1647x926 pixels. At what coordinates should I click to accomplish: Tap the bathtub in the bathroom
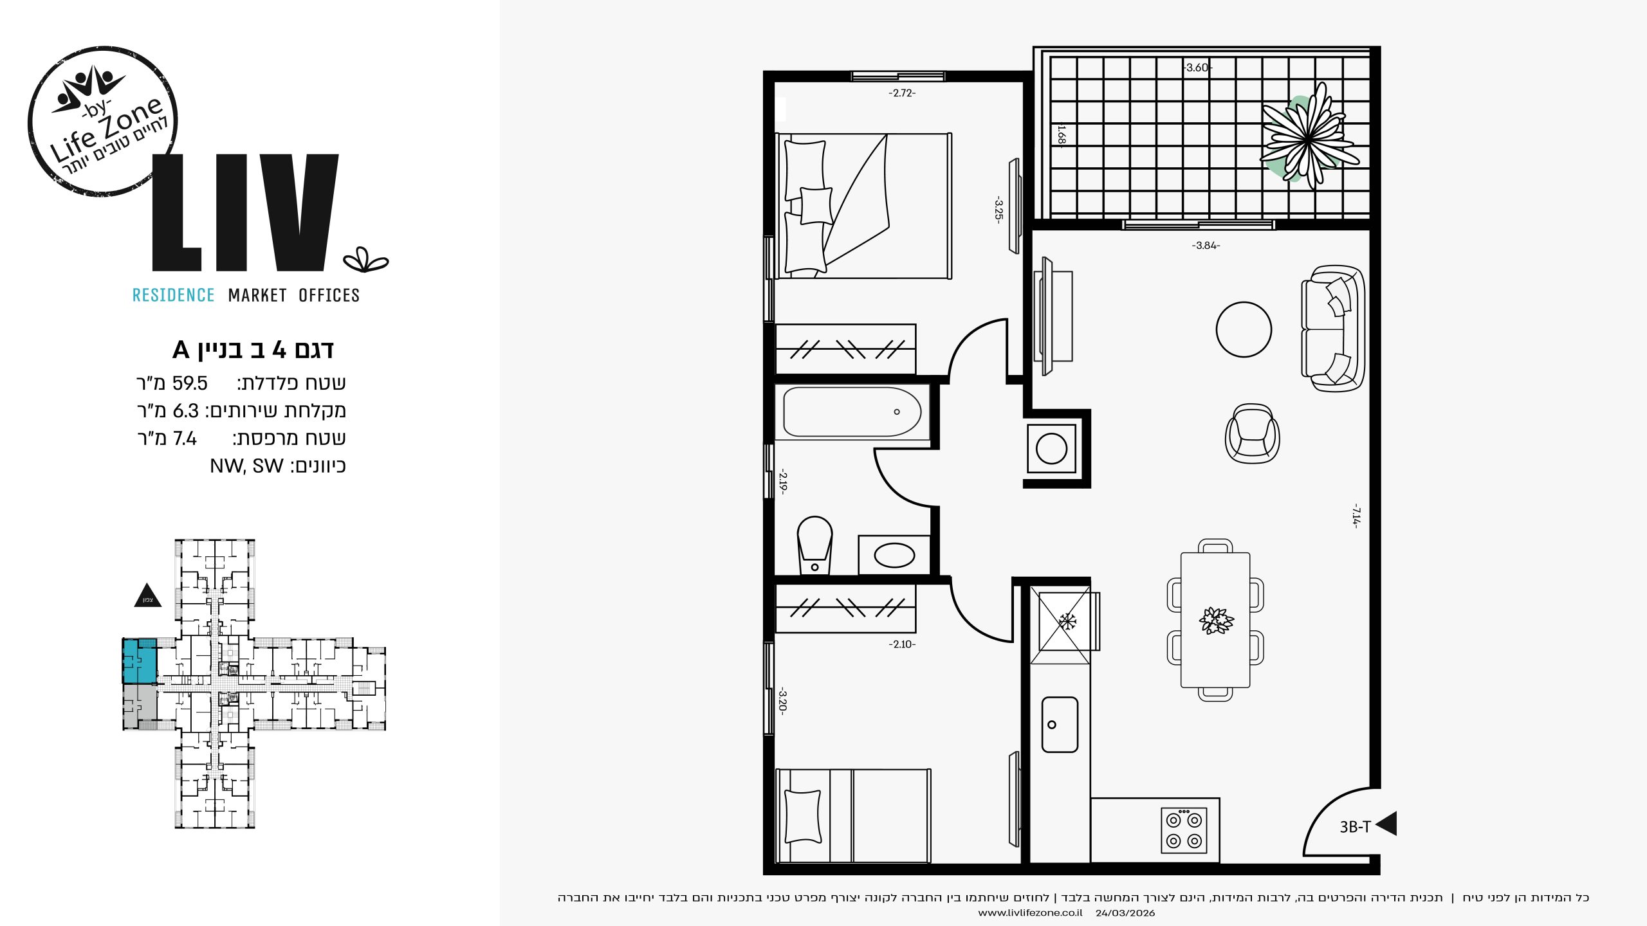point(852,412)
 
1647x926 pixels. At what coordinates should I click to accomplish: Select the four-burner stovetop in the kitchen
point(1184,830)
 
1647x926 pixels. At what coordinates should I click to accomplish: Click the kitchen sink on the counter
point(1060,725)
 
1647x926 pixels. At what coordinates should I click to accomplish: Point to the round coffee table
point(1244,329)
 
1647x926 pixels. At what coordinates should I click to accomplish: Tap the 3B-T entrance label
point(1355,827)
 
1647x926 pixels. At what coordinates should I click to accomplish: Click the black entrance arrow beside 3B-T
point(1387,824)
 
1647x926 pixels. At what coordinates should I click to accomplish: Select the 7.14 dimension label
point(1356,516)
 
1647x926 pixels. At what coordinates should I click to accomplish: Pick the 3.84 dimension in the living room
point(1206,246)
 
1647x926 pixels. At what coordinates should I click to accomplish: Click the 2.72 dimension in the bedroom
point(902,93)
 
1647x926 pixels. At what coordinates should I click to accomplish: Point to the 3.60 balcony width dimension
point(1197,68)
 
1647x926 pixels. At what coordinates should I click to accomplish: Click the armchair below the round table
point(1252,433)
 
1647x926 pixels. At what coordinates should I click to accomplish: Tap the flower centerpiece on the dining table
point(1216,621)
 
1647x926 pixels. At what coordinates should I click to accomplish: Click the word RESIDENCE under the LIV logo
point(173,295)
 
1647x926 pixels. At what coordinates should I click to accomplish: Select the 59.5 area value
point(190,383)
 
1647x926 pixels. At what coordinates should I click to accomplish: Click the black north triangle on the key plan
point(147,595)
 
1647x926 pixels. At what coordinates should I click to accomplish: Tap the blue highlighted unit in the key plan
point(140,661)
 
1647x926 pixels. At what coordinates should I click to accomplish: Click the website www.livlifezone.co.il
point(1030,913)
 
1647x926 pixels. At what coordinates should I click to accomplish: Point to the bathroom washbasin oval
point(894,556)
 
